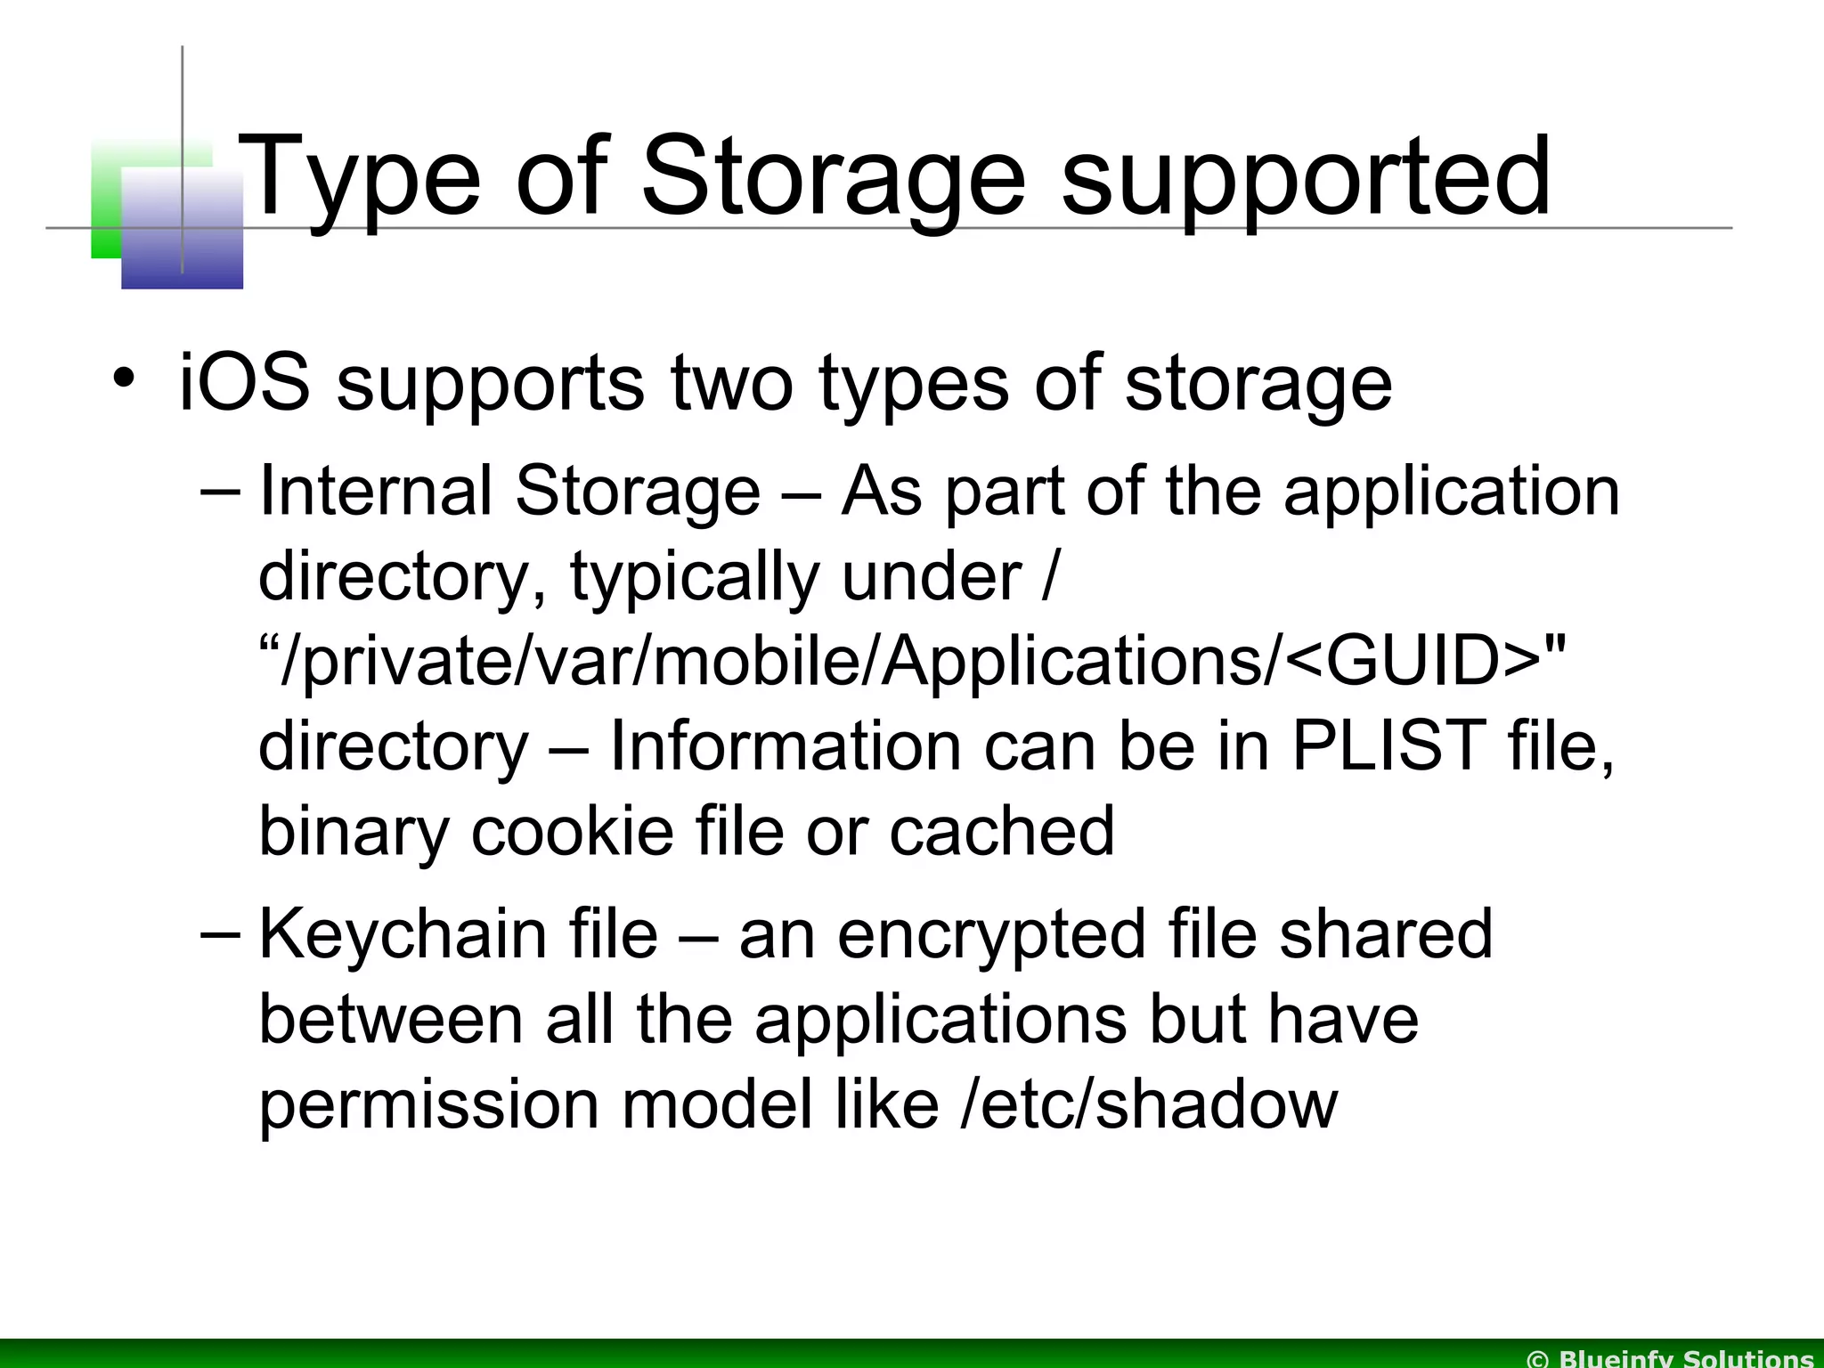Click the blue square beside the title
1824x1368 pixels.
pyautogui.click(x=182, y=230)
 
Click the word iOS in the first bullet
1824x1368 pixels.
pyautogui.click(x=244, y=381)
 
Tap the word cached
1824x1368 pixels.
pyautogui.click(x=1001, y=830)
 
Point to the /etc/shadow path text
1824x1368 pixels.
pyautogui.click(x=1150, y=1104)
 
